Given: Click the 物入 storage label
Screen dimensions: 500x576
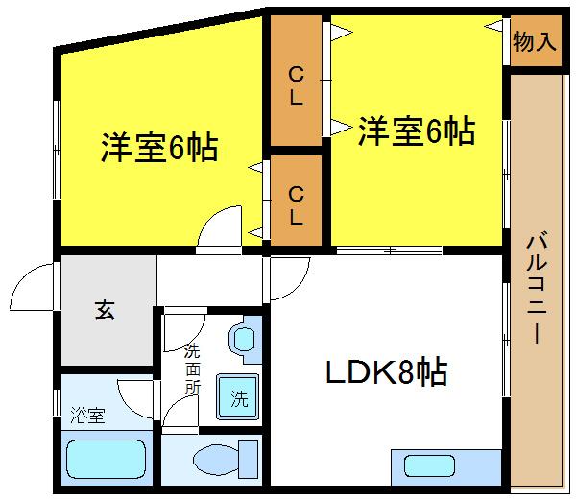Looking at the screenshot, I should [535, 42].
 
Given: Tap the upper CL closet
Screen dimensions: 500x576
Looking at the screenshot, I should [296, 84].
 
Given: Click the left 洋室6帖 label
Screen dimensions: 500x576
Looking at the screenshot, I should [159, 148].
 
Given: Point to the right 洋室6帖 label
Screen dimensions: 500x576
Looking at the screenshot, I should [417, 131].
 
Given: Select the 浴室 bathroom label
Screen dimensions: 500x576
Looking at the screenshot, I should [87, 417].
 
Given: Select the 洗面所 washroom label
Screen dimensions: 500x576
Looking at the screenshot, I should [192, 369].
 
